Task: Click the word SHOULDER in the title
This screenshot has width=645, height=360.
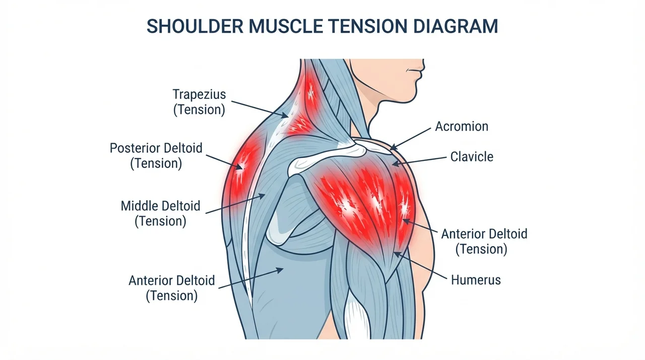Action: coord(195,26)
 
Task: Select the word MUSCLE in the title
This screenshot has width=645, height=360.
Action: coord(286,26)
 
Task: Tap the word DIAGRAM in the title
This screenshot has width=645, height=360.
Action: coord(456,26)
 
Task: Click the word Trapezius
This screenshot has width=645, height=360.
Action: coord(199,94)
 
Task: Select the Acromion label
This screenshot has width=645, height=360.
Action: coord(462,127)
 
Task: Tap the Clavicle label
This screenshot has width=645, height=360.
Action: coord(472,157)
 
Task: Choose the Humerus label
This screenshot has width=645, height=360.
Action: coord(476,280)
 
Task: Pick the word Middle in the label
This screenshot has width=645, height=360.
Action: coord(140,206)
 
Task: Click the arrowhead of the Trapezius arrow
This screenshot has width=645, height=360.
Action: coord(285,115)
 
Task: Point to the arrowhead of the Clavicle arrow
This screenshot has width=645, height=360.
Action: coord(396,163)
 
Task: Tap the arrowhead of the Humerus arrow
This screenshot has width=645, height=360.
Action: coord(397,254)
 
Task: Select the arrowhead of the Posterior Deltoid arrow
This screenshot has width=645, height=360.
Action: coord(239,167)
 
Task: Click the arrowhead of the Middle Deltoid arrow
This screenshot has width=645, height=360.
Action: coord(262,196)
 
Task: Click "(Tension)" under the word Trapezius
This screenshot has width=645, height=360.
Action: coord(199,110)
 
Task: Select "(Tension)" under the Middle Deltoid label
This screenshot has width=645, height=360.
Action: coord(160,221)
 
